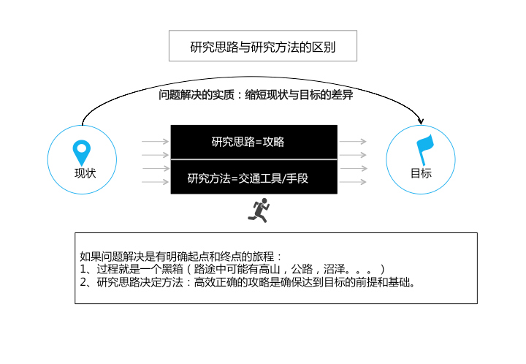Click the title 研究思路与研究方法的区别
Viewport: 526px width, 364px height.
tap(263, 47)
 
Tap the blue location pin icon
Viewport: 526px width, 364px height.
tap(82, 152)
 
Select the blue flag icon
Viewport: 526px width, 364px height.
tap(424, 149)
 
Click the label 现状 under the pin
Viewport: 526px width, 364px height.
tap(85, 173)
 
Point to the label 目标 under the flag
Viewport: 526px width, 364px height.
tap(422, 173)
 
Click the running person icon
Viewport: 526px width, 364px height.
tap(259, 210)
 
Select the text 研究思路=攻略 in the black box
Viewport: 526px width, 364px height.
tap(248, 142)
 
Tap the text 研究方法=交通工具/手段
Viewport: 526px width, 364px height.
tap(248, 178)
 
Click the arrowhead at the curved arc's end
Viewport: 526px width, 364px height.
tap(421, 121)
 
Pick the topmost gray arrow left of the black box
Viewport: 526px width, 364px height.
tap(155, 142)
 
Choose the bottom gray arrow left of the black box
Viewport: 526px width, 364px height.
tap(155, 182)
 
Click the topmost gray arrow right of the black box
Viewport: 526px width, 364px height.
tap(353, 142)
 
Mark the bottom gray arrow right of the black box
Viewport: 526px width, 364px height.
tap(353, 182)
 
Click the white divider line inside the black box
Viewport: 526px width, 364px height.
tap(254, 159)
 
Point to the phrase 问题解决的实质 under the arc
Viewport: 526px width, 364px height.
tap(197, 95)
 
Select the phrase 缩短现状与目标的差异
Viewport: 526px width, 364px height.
tap(299, 95)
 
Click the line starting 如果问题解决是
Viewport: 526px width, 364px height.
tap(180, 257)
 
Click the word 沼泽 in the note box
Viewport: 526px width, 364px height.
tap(334, 269)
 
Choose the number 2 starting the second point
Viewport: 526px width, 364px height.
tap(83, 282)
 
